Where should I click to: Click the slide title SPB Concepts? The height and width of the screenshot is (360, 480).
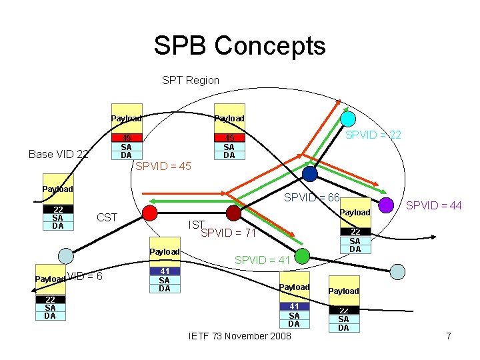[x=239, y=46]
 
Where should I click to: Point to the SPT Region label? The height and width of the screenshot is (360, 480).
[x=191, y=81]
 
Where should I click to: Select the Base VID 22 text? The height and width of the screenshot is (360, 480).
[x=59, y=155]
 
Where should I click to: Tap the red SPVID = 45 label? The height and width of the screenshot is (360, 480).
[x=163, y=166]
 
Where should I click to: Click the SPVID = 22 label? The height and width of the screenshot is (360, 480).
[x=373, y=135]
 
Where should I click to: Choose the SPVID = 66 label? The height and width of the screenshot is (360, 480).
[x=312, y=198]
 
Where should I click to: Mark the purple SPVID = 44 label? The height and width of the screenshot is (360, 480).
[x=434, y=206]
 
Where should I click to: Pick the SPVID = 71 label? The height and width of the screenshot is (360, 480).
[x=228, y=233]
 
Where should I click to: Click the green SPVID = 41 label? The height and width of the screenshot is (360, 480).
[x=263, y=261]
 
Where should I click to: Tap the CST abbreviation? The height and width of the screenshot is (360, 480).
[x=107, y=217]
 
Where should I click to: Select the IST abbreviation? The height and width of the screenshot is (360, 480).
[x=196, y=225]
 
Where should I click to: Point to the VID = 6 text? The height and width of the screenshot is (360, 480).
[x=85, y=276]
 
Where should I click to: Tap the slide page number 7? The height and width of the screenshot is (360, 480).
[x=449, y=336]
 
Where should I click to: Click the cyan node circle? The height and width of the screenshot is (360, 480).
[x=348, y=119]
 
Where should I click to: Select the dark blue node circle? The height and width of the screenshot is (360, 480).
[x=310, y=173]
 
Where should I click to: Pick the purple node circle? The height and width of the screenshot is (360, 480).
[x=386, y=205]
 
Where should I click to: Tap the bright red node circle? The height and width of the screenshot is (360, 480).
[x=150, y=213]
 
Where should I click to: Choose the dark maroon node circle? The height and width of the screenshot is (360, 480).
[x=233, y=213]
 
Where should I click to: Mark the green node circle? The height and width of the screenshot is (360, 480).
[x=302, y=255]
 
